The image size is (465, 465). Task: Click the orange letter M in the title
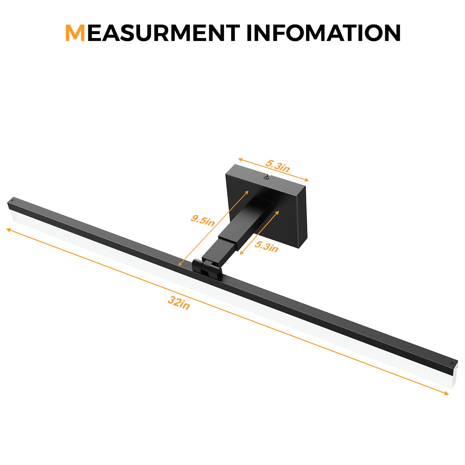tap(75, 33)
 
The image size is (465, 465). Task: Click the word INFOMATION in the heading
tap(323, 33)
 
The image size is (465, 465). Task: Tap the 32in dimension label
tap(179, 303)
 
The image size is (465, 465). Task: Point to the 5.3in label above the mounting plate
tap(278, 166)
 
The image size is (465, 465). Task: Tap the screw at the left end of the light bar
tap(12, 200)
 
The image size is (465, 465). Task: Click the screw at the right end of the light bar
tap(452, 363)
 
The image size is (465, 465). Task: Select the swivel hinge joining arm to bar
tap(207, 268)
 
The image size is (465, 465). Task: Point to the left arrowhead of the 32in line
tap(8, 230)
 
